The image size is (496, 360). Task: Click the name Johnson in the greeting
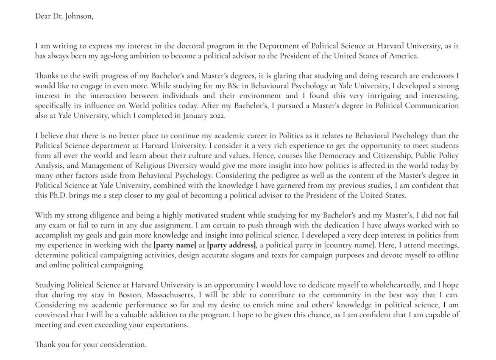[78, 16]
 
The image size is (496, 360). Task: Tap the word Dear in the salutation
[43, 16]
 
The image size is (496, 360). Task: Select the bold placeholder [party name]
[175, 245]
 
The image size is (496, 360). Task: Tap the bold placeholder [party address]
[231, 245]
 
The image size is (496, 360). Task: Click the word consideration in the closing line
[123, 345]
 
